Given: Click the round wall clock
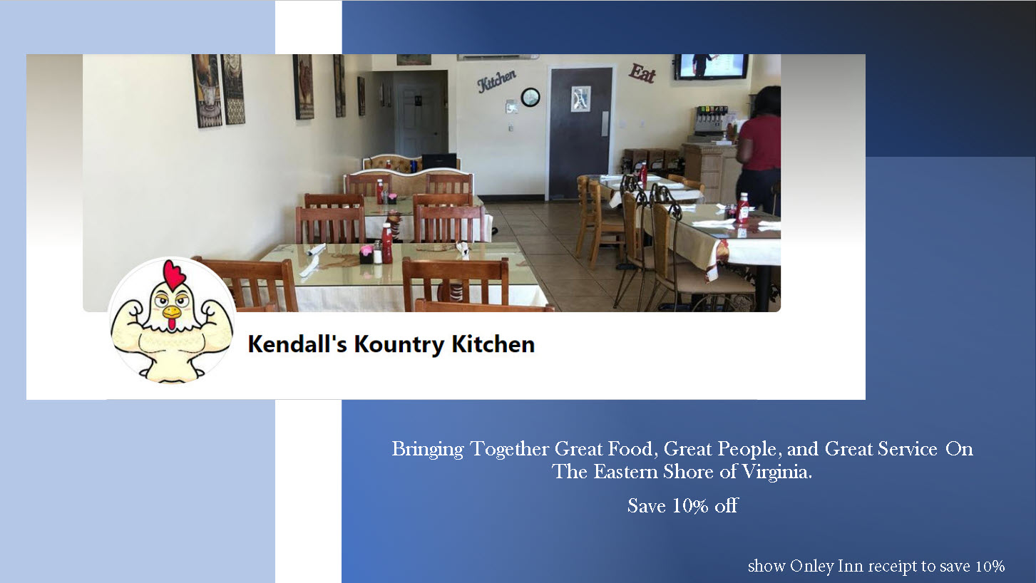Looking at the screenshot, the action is [530, 97].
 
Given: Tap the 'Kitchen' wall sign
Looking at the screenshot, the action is [497, 81].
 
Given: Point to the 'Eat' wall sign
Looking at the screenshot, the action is [642, 73].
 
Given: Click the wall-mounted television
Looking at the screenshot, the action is [711, 66].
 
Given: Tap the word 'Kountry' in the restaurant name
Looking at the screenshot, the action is [399, 344].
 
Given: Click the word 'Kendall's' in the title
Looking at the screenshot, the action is [297, 344].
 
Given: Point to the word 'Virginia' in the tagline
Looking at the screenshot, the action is [777, 473].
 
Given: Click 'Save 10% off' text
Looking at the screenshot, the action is [682, 506].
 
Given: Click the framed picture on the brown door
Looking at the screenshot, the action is [580, 99].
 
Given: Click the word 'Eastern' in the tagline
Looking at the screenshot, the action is [626, 472].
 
